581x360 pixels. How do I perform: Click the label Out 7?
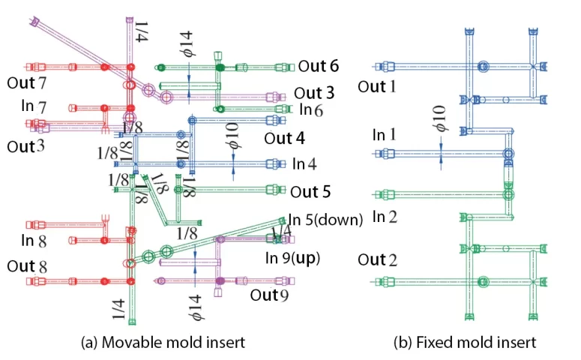[22, 80]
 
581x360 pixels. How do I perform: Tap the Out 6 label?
[318, 66]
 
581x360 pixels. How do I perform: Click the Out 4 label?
[284, 139]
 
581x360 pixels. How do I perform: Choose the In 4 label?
[305, 163]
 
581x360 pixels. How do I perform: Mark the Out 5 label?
[310, 191]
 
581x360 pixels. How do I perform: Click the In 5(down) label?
[325, 220]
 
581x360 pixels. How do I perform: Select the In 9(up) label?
[293, 259]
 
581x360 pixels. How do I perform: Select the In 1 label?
[385, 135]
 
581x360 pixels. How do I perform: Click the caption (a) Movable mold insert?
[163, 342]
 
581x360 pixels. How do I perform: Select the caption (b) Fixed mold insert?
[465, 342]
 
